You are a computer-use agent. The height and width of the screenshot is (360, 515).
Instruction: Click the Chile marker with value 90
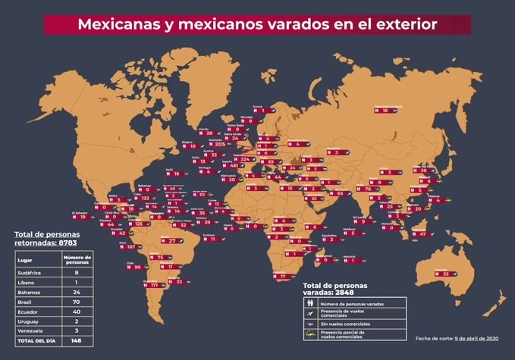pos(137,267)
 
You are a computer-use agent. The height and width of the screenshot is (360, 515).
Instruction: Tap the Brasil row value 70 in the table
pos(77,301)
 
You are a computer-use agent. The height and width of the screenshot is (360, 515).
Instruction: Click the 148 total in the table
pos(77,340)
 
